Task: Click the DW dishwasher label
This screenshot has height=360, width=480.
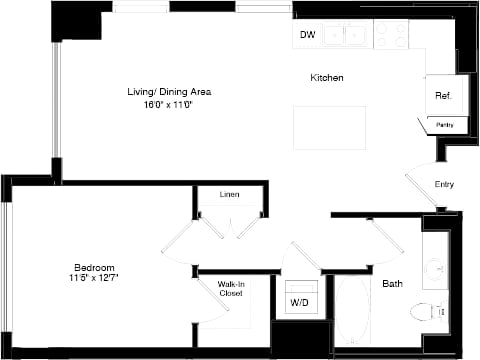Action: (307, 36)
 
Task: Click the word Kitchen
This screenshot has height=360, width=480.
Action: (327, 77)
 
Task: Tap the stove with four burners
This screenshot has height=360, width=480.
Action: (391, 35)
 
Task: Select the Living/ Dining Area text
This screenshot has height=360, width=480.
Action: (169, 92)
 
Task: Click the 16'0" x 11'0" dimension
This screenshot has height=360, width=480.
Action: (169, 104)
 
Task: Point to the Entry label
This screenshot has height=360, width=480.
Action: (444, 184)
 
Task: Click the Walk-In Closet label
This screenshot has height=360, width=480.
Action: (231, 288)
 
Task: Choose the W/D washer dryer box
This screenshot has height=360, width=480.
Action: (299, 301)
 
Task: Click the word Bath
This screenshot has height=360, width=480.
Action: (393, 284)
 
